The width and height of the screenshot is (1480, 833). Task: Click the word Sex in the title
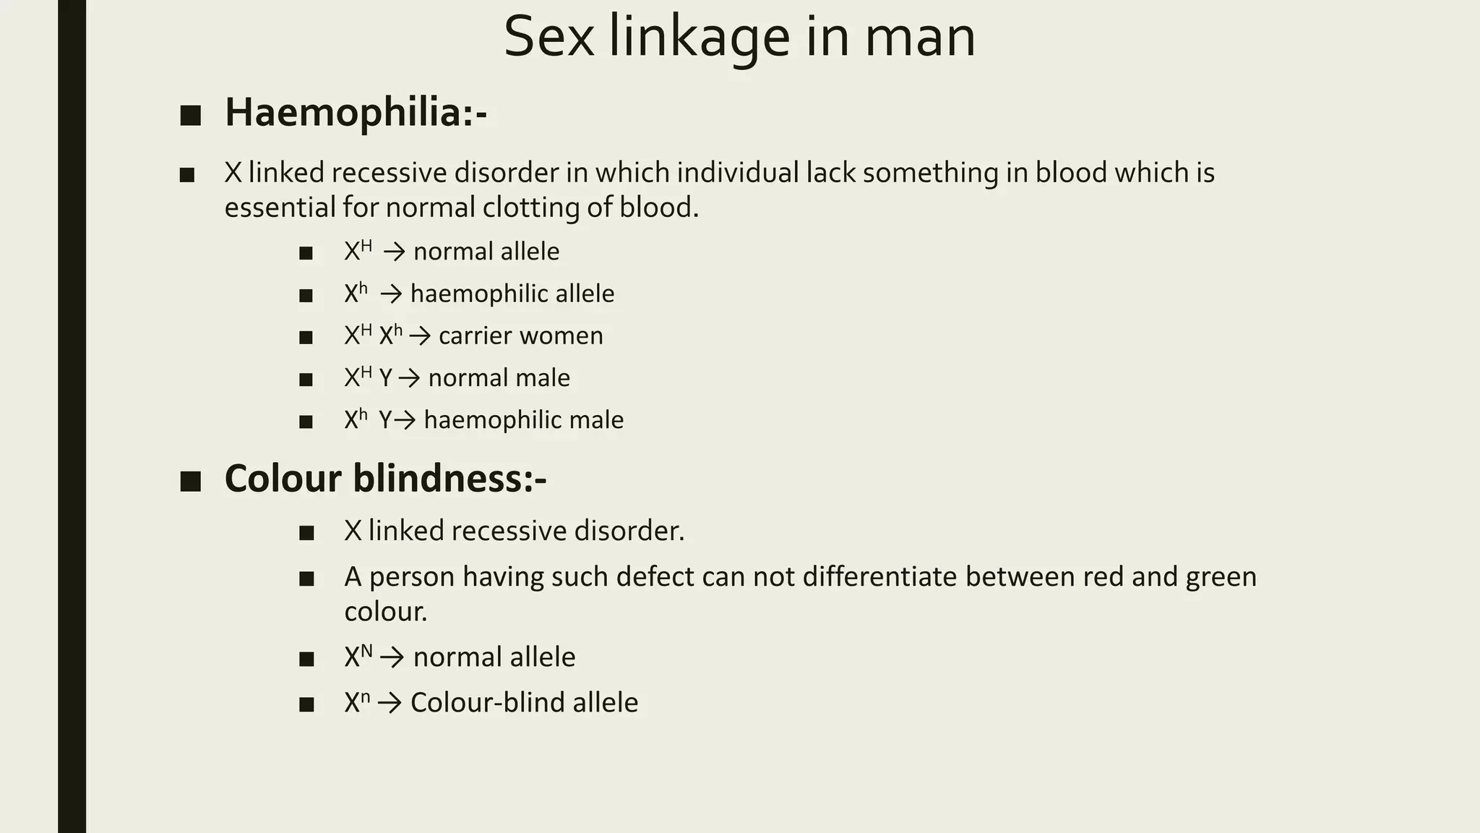click(548, 37)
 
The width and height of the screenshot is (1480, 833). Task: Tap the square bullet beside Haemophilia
click(190, 116)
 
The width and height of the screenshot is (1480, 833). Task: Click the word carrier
click(475, 336)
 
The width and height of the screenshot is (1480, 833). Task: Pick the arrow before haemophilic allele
click(391, 294)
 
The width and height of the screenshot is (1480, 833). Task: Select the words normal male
click(499, 378)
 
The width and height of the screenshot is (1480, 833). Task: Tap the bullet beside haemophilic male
click(306, 422)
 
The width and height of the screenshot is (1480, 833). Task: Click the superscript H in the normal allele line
click(366, 246)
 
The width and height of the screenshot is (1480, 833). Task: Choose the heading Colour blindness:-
click(385, 479)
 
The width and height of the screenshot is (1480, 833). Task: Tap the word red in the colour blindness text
click(1102, 577)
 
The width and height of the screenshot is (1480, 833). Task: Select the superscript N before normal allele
click(366, 651)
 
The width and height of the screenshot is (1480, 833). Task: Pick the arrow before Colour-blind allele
click(390, 704)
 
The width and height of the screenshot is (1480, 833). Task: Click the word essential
click(280, 208)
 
